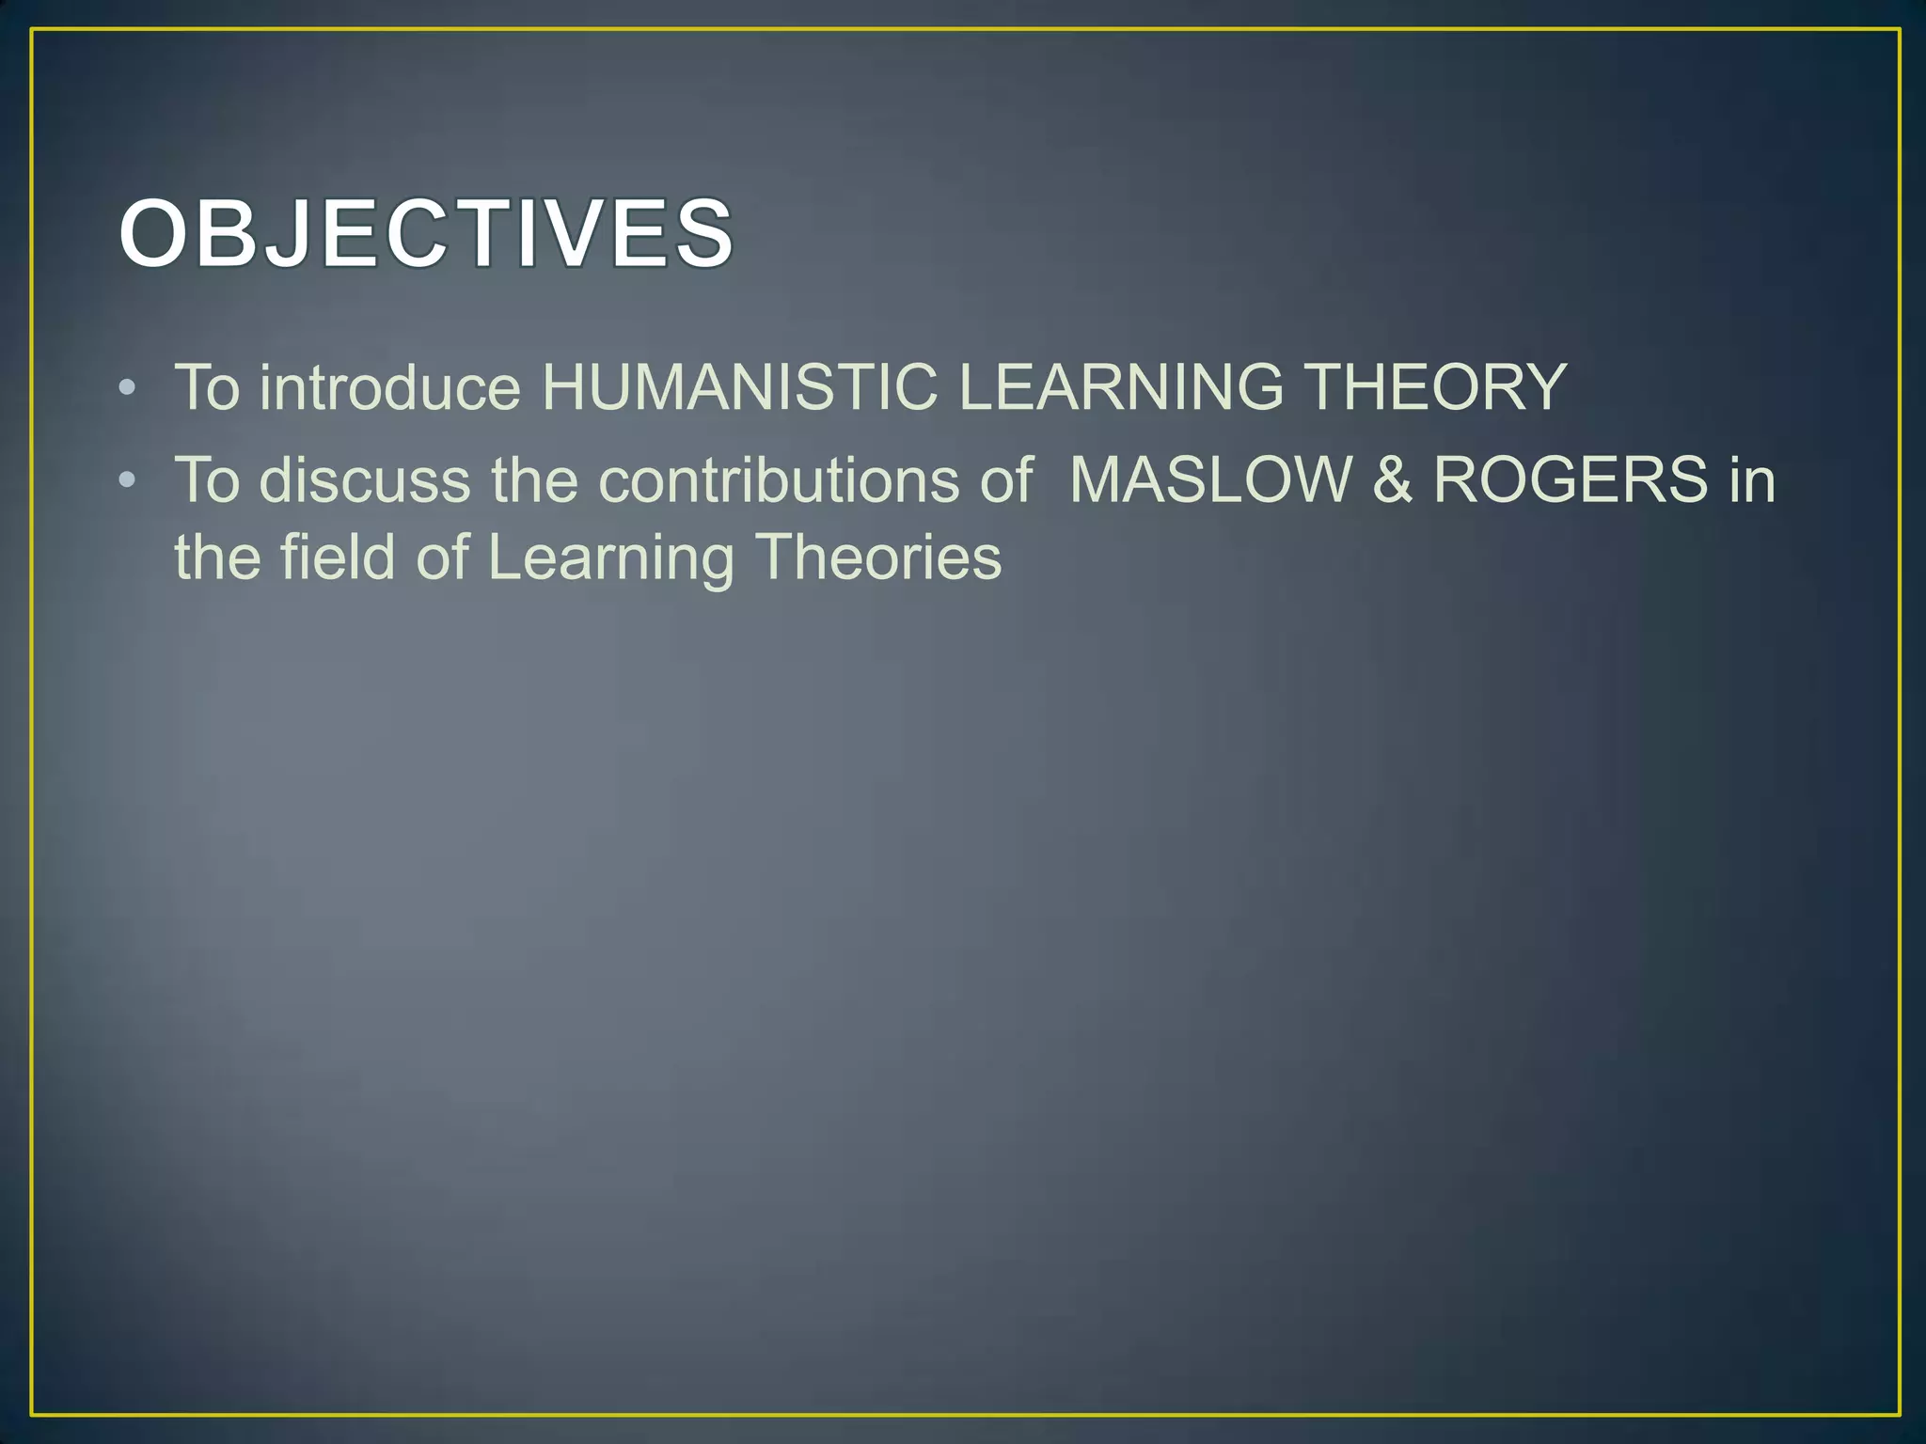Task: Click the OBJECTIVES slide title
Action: coord(425,233)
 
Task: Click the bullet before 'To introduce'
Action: coord(128,387)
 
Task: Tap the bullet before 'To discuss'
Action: coord(128,480)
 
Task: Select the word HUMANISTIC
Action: coord(739,387)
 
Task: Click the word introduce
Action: coord(389,387)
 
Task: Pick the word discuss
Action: coord(365,480)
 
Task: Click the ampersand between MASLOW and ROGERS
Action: coord(1392,480)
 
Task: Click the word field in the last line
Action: coord(338,557)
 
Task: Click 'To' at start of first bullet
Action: coord(207,387)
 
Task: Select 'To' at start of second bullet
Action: coord(207,480)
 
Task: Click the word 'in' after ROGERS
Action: coord(1752,480)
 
